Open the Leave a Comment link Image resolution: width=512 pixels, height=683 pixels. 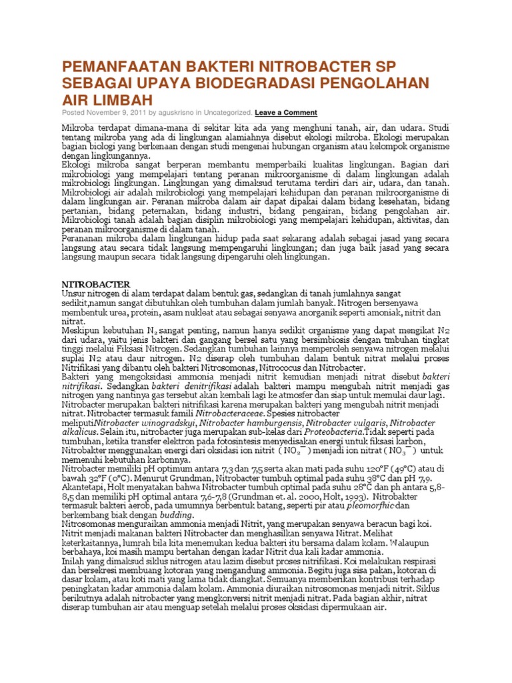point(286,113)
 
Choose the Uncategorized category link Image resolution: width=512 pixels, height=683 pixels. point(229,113)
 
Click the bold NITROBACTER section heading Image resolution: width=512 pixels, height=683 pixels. point(96,284)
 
